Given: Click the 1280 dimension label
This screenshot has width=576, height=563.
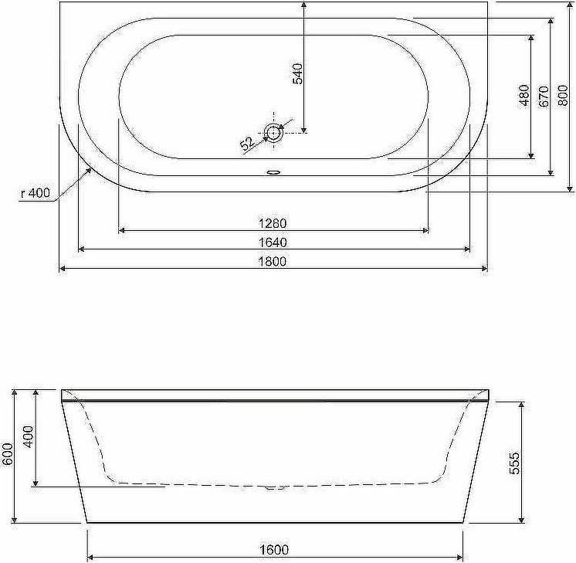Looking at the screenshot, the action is pyautogui.click(x=273, y=223).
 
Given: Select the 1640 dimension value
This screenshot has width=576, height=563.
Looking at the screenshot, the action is pyautogui.click(x=273, y=242).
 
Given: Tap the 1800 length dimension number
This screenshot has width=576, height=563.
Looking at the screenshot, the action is pyautogui.click(x=273, y=261).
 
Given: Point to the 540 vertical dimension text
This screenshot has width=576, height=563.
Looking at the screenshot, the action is pyautogui.click(x=297, y=74).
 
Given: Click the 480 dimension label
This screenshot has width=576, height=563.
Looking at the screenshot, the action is pyautogui.click(x=524, y=95).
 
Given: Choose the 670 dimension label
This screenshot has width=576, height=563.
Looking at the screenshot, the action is pyautogui.click(x=544, y=97).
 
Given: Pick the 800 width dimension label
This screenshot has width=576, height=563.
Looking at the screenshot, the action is pyautogui.click(x=563, y=95).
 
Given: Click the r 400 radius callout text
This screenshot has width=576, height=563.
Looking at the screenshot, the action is pyautogui.click(x=36, y=192).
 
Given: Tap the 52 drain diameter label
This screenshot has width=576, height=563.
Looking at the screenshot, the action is pyautogui.click(x=248, y=143).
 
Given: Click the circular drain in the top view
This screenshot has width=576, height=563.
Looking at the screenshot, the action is pyautogui.click(x=273, y=132).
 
